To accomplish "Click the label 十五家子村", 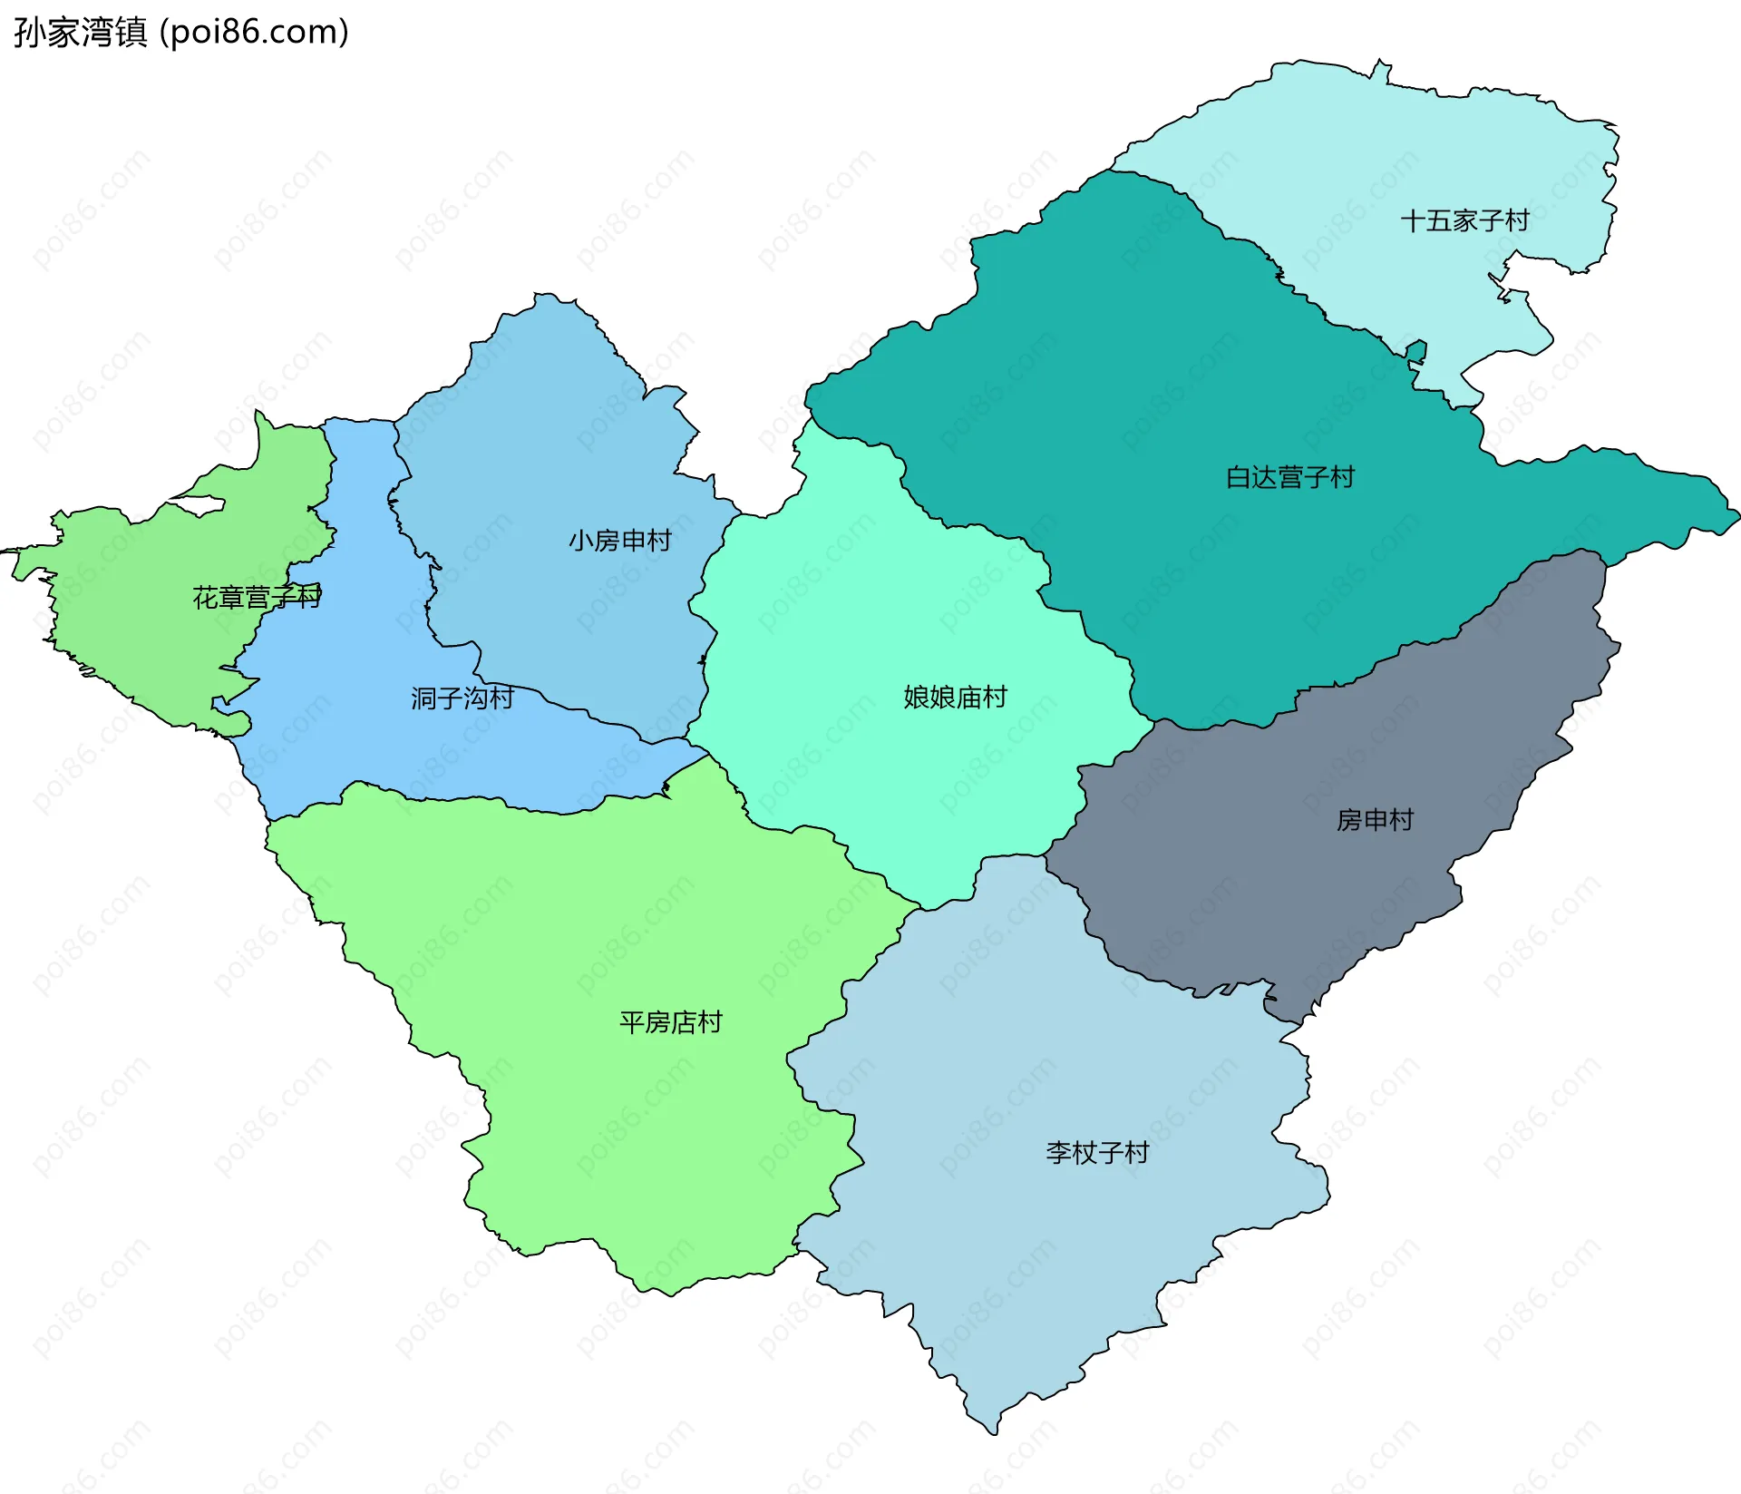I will coord(1464,220).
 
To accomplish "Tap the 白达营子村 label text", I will coord(1289,477).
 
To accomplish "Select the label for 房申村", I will coord(1375,820).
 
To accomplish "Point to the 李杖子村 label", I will coord(1097,1153).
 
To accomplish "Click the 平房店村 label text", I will coord(670,1022).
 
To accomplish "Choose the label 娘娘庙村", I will coord(955,697).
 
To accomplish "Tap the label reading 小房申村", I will coord(619,541).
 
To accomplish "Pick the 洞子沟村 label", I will coord(462,698).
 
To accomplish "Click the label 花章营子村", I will coord(257,598).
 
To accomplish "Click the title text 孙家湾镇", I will coord(80,33).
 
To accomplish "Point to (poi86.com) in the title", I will coord(255,33).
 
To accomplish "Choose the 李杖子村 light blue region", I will coord(1043,1252).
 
